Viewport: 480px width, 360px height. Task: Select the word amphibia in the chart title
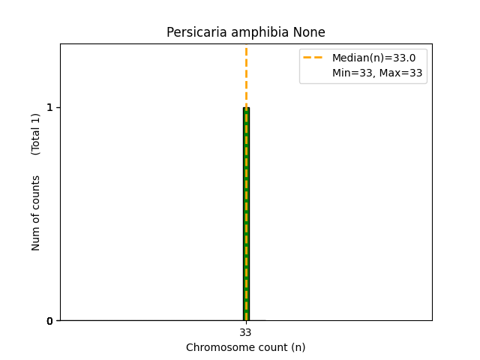coord(259,32)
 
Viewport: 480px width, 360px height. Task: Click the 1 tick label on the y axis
coord(49,107)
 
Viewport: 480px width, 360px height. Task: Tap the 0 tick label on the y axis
coord(49,321)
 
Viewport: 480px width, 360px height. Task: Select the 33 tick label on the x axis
coord(246,332)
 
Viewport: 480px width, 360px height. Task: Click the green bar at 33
coord(246,225)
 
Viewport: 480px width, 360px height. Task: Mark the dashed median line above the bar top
coord(246,75)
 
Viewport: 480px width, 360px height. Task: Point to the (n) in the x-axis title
coord(298,347)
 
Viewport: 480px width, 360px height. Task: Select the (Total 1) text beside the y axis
coord(36,134)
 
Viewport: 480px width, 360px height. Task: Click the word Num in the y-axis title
coord(36,238)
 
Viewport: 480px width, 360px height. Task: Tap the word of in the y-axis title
coord(36,217)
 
